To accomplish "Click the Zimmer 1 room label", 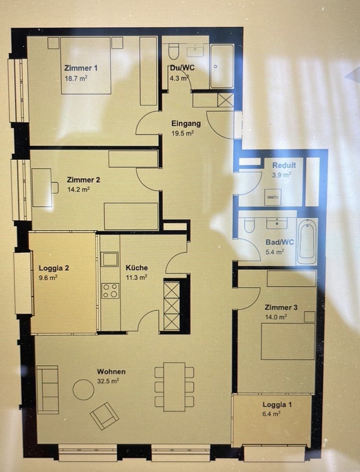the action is coord(81,68).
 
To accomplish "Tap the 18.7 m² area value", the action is coord(76,78).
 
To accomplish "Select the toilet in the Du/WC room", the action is coord(173,52).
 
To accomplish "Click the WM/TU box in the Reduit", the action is coord(273,197).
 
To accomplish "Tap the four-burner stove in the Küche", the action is coord(110,291).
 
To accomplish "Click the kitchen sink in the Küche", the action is coord(110,259).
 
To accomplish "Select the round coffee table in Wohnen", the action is coord(83,390).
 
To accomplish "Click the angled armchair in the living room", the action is coord(105,416).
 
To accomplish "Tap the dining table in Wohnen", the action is coord(174,387).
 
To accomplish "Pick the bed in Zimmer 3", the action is coord(288,341).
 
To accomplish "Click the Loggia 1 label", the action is coord(277,404).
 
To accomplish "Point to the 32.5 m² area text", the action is coord(108,381).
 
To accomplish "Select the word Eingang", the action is coord(186,124).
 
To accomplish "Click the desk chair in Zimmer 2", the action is coord(55,188).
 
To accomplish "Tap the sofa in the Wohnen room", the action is coord(48,390).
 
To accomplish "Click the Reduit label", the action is coord(284,165).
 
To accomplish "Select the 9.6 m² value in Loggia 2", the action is coord(48,278).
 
